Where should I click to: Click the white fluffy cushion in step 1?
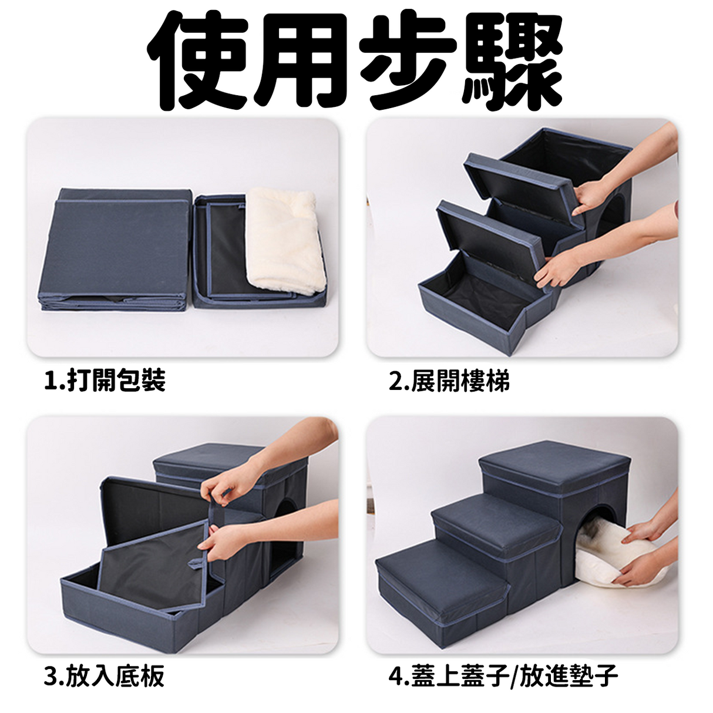(285, 240)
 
